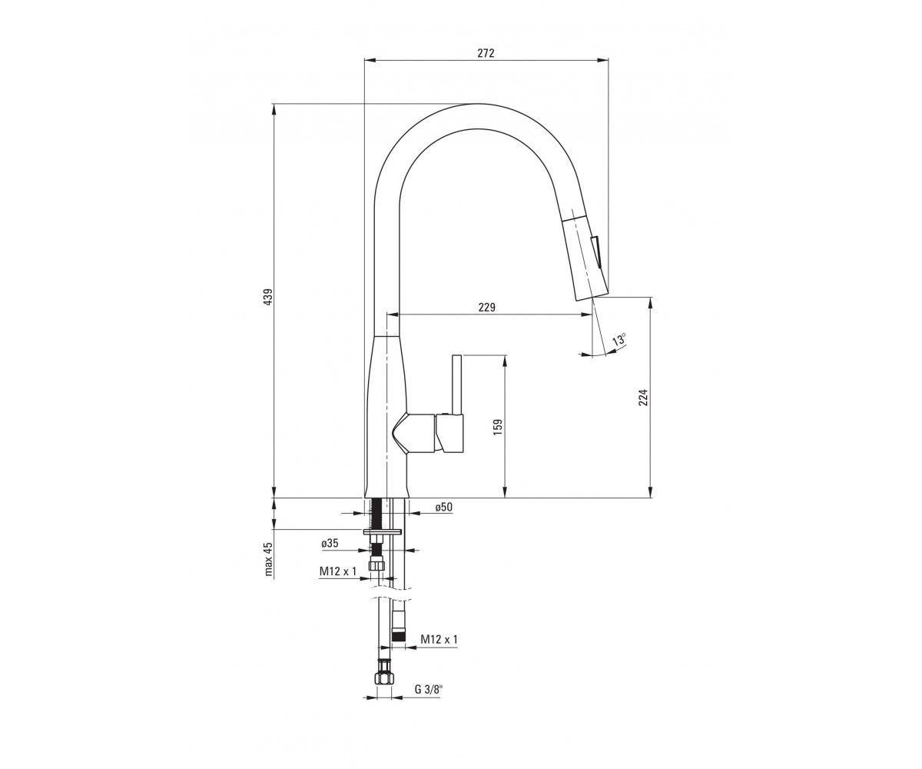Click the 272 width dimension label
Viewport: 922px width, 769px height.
click(x=486, y=53)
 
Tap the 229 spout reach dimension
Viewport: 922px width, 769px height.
click(x=486, y=307)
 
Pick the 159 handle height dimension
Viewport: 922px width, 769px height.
click(x=498, y=428)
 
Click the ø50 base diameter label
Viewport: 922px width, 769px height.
click(x=443, y=507)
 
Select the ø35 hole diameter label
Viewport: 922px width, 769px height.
click(x=330, y=543)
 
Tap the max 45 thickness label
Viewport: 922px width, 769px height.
click(x=268, y=560)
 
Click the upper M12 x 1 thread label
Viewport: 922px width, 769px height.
click(x=338, y=571)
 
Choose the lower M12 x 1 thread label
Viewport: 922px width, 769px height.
click(x=439, y=639)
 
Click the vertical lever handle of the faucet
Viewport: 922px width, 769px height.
click(x=456, y=384)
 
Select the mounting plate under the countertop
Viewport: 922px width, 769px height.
click(x=382, y=531)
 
